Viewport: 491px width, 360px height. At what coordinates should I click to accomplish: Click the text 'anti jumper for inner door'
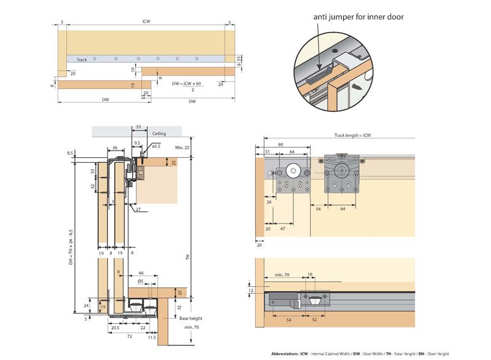coord(358,17)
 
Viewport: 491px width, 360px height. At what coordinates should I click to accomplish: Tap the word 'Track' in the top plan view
coord(82,60)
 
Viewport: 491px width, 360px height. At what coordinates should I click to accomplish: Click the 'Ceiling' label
coord(160,133)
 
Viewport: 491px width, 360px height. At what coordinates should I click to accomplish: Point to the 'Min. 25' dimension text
coord(183,148)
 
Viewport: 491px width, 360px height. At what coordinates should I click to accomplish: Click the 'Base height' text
coord(191,318)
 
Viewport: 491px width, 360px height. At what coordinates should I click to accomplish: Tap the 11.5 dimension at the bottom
coord(152,338)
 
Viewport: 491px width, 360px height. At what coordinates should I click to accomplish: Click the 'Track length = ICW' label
coord(352,135)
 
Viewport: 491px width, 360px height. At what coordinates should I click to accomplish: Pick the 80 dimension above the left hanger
coord(280,145)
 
